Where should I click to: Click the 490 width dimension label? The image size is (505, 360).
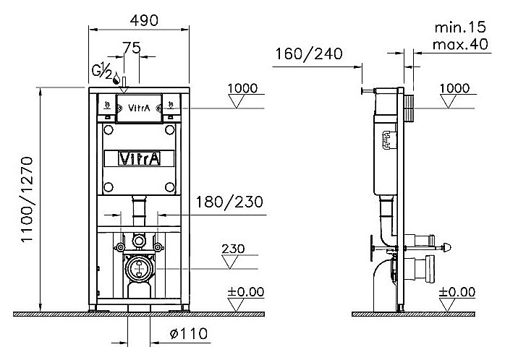point(144,20)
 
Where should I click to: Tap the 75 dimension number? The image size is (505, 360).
point(132,48)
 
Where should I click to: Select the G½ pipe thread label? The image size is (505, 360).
point(101,71)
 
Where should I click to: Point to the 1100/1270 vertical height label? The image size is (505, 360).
point(27,200)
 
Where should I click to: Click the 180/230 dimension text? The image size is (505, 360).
point(229,202)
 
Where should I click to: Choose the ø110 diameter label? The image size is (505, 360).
point(188,334)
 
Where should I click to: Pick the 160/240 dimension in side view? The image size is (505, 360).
point(309,53)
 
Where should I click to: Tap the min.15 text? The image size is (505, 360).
point(460,27)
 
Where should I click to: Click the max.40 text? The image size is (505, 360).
point(460,44)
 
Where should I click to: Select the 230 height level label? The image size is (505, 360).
point(233,249)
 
